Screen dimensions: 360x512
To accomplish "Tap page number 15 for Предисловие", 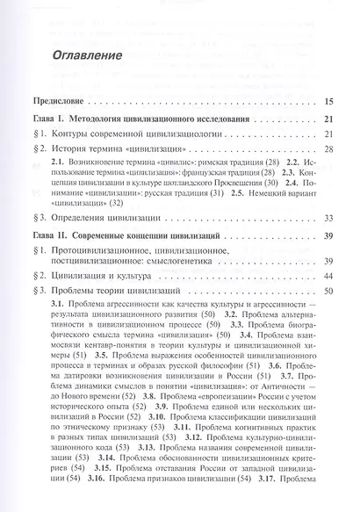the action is point(328,101).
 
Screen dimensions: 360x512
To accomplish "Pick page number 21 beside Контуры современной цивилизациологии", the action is point(328,133).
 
